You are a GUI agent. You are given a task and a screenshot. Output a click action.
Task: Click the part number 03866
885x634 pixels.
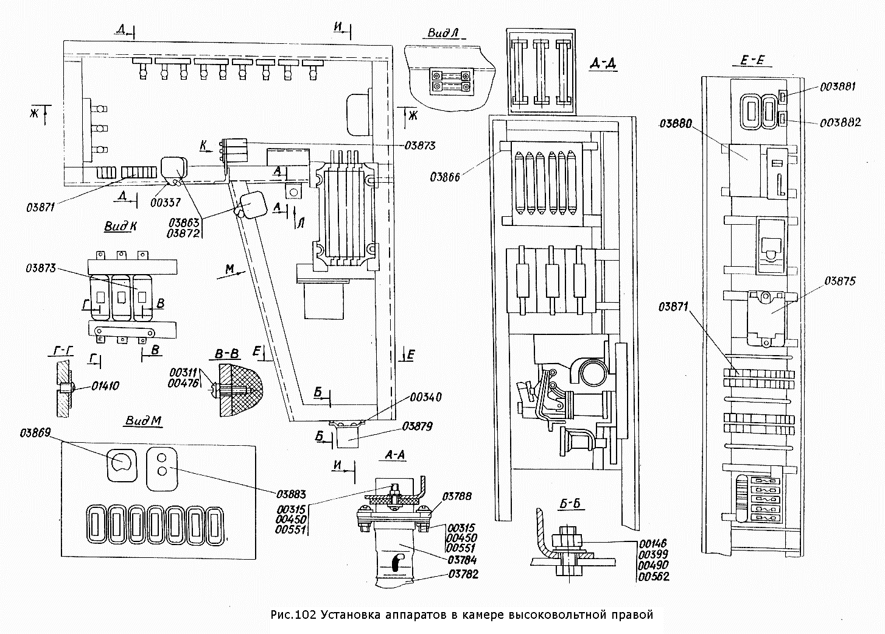[445, 177]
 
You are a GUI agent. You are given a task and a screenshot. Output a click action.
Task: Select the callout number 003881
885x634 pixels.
[838, 86]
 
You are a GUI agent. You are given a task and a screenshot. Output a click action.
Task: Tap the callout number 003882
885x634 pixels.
[841, 122]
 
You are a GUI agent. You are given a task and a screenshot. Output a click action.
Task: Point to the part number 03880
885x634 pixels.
[676, 124]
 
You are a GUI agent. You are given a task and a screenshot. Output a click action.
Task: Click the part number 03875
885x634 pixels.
[839, 281]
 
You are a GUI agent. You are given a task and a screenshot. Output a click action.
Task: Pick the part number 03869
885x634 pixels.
[35, 433]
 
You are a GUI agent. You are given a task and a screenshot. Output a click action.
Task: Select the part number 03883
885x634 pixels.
[291, 494]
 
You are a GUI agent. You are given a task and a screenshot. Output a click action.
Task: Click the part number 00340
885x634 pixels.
[425, 397]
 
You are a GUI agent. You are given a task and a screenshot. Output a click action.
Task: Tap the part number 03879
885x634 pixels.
[417, 426]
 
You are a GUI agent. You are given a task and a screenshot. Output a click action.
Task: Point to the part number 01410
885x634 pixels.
[105, 386]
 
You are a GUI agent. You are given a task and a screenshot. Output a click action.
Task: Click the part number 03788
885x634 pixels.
[457, 496]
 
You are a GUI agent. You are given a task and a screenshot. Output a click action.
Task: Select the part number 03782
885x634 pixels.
[463, 574]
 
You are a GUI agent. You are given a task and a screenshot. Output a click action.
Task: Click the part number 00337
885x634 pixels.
[166, 202]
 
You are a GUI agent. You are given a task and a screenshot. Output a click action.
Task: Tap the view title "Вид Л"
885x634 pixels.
[443, 33]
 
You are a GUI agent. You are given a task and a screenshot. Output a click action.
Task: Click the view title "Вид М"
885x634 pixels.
[143, 421]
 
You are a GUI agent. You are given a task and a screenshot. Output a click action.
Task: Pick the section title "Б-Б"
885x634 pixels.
[573, 504]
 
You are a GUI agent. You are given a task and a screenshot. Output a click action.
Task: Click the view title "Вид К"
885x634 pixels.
[121, 226]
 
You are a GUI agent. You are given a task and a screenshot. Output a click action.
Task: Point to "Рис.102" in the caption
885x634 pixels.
[293, 615]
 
